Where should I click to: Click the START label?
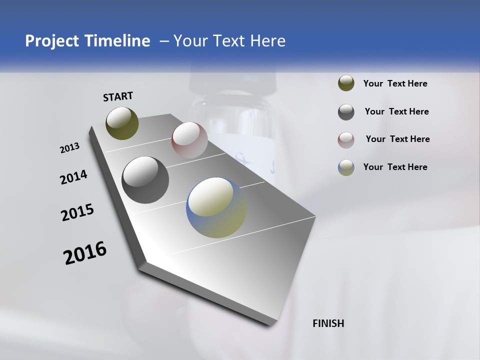pyautogui.click(x=118, y=96)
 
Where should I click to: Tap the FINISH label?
pyautogui.click(x=328, y=323)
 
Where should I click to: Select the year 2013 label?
pyautogui.click(x=69, y=148)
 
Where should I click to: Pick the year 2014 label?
pyautogui.click(x=73, y=177)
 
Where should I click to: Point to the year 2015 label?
pyautogui.click(x=77, y=212)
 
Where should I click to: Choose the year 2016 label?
pyautogui.click(x=85, y=253)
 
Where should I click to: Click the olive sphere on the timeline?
pyautogui.click(x=122, y=123)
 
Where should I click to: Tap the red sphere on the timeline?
pyautogui.click(x=189, y=140)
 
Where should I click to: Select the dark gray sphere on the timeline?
pyautogui.click(x=145, y=180)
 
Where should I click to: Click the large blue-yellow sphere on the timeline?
pyautogui.click(x=216, y=207)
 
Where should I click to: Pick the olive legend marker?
pyautogui.click(x=346, y=83)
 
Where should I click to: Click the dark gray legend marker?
pyautogui.click(x=346, y=111)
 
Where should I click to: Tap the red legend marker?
pyautogui.click(x=346, y=139)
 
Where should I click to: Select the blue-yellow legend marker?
pyautogui.click(x=346, y=167)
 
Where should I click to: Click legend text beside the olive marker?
pyautogui.click(x=395, y=84)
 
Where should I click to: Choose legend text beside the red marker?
pyautogui.click(x=397, y=139)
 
